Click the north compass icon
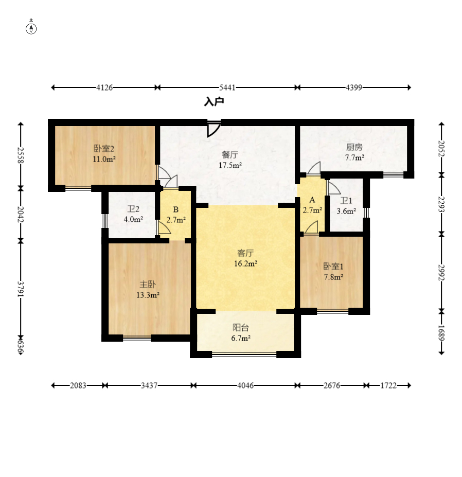pyautogui.click(x=31, y=28)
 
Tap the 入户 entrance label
pyautogui.click(x=214, y=101)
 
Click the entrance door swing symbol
pyautogui.click(x=214, y=129)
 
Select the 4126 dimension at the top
pyautogui.click(x=104, y=87)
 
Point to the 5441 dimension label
pyautogui.click(x=227, y=87)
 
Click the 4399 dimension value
pyautogui.click(x=354, y=87)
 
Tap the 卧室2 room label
pyautogui.click(x=104, y=149)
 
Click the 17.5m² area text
pyautogui.click(x=230, y=165)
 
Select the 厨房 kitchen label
pyautogui.click(x=354, y=147)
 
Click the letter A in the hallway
pyautogui.click(x=312, y=200)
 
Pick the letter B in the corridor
pyautogui.click(x=176, y=209)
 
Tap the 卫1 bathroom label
pyautogui.click(x=346, y=201)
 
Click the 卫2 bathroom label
pyautogui.click(x=133, y=209)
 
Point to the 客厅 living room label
pyautogui.click(x=245, y=253)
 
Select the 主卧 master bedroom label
pyautogui.click(x=148, y=285)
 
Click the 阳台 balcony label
pyautogui.click(x=241, y=327)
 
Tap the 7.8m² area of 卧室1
pyautogui.click(x=334, y=277)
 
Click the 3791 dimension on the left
pyautogui.click(x=21, y=289)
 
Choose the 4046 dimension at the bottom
pyautogui.click(x=245, y=385)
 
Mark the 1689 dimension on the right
pyautogui.click(x=441, y=333)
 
